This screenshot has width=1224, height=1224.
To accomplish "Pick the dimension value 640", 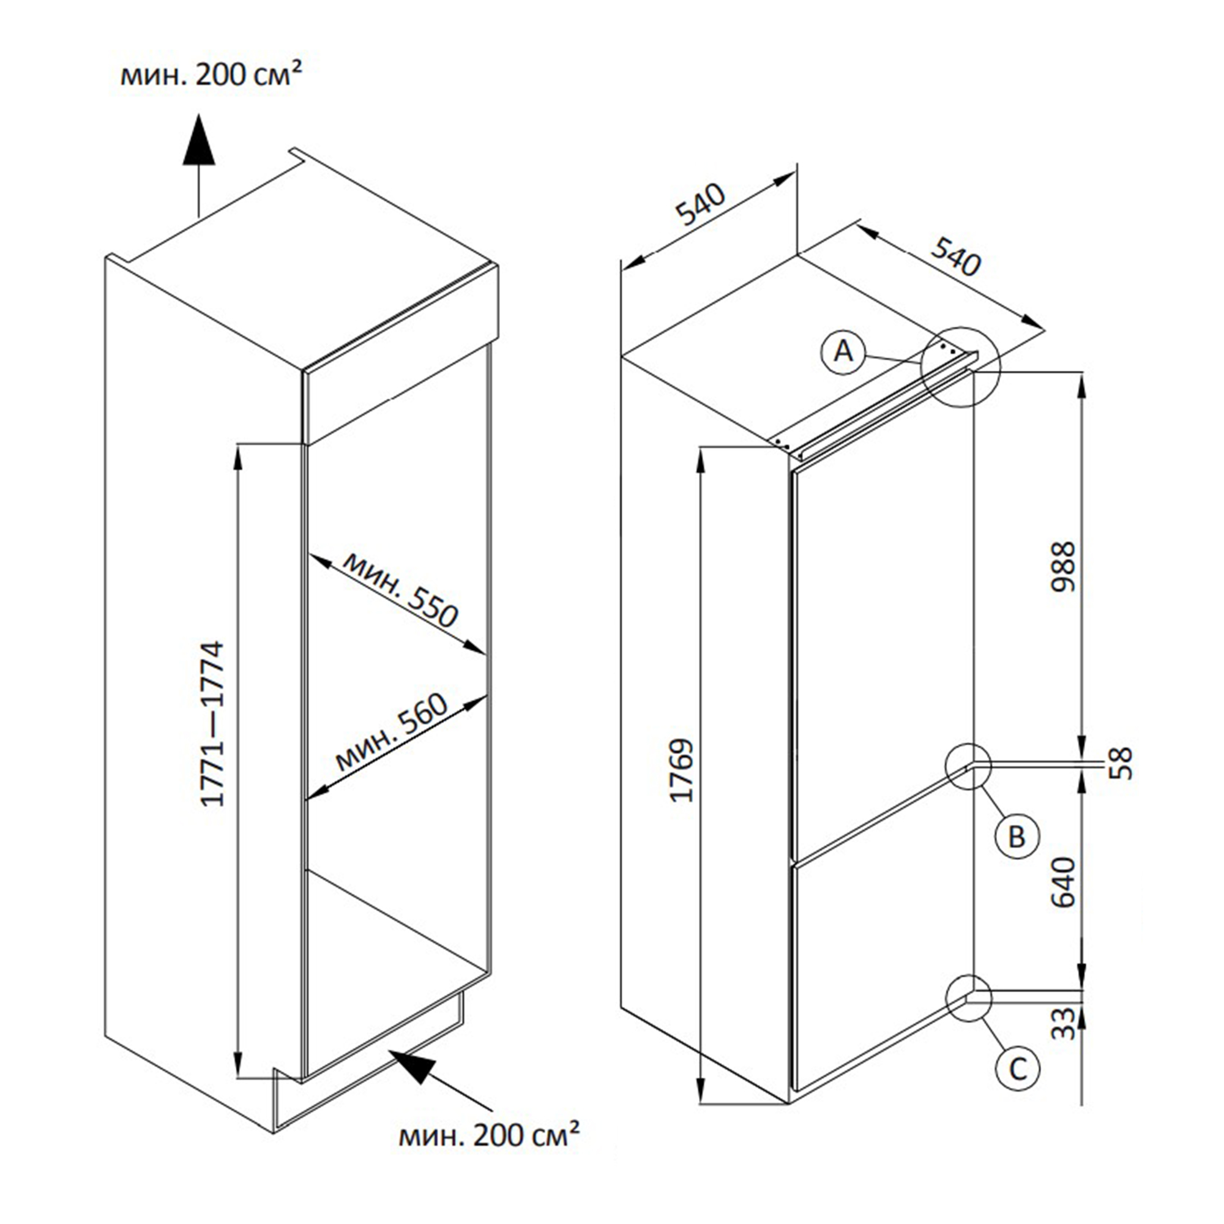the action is pos(1064,882).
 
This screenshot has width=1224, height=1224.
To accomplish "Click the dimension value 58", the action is pos(1120,763).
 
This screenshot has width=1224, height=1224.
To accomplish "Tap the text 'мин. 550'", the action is pos(400,589).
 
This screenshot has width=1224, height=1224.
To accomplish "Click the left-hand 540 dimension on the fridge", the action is pos(701,205).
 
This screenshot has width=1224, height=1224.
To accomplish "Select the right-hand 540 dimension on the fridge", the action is pos(955,256).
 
